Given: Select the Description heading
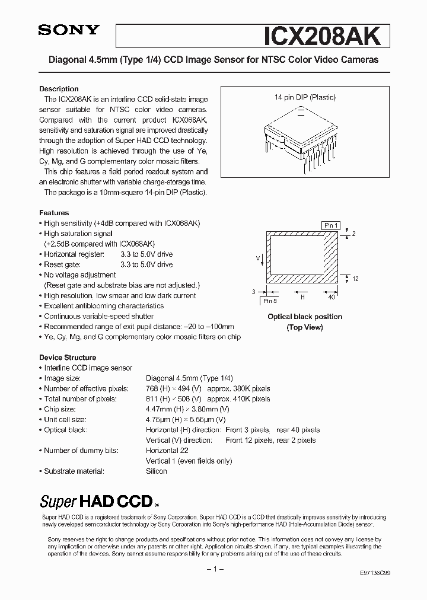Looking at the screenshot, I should point(59,88).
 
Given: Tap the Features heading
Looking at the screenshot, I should point(54,212).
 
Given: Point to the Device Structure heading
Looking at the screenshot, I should point(68,358).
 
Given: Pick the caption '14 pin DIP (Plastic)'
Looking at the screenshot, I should point(304,97).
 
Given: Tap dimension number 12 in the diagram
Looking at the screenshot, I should point(355,279).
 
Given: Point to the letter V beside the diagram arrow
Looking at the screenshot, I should point(257,258).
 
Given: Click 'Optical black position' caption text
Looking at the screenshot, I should point(305,317).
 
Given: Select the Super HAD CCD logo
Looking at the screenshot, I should point(96,502).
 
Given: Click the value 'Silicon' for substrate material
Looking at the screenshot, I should point(157,471).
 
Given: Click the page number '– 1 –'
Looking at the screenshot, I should point(213,569).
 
